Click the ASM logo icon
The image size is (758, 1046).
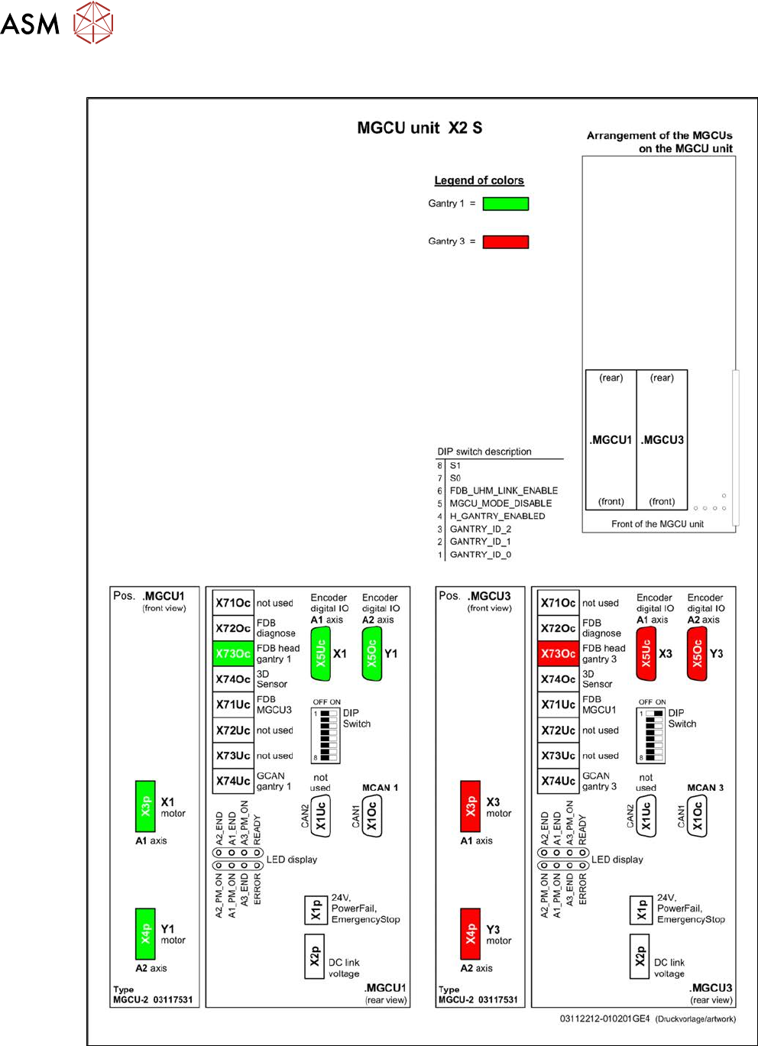coord(93,23)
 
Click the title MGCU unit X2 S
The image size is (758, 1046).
coord(419,128)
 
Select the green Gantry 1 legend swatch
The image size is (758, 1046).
coord(505,204)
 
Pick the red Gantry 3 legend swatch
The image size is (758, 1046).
coord(505,241)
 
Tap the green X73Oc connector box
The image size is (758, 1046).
coord(232,653)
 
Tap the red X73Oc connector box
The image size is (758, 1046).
coord(558,653)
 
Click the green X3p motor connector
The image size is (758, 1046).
coord(145,806)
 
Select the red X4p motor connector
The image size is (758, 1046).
coord(471,934)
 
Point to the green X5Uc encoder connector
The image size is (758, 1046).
coord(321,653)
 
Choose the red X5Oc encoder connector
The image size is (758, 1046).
coord(697,653)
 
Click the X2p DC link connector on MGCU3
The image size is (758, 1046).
coord(640,956)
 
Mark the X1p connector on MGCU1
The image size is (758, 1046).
coord(315,909)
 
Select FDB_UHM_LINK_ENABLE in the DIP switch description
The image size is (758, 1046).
coord(504,491)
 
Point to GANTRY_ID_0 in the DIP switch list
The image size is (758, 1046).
coord(480,555)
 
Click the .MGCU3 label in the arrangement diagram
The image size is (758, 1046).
coord(662,440)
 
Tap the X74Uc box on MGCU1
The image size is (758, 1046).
coord(232,781)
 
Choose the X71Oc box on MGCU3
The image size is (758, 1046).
coord(558,603)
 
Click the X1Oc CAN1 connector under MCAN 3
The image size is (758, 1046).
coord(697,816)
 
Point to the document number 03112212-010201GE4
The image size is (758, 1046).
coord(604,1018)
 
